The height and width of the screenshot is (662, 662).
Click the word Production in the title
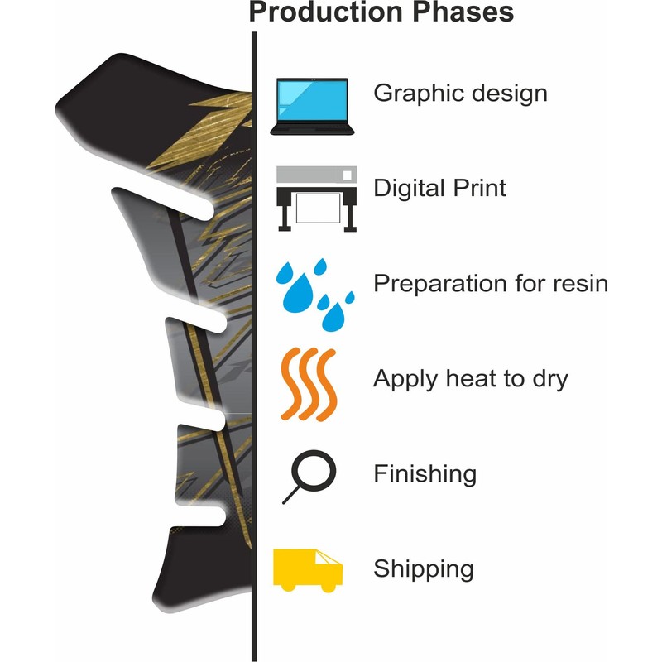tap(327, 12)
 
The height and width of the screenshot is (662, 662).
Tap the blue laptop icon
tap(312, 107)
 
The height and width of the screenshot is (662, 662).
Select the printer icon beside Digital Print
tap(317, 199)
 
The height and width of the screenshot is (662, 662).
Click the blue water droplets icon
tap(314, 295)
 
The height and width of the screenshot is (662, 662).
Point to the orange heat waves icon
tap(309, 384)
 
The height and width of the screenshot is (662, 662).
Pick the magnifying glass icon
tap(309, 477)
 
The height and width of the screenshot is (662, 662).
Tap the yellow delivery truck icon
tap(308, 570)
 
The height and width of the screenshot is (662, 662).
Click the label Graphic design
tap(460, 94)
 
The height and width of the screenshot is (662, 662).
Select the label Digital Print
tap(439, 188)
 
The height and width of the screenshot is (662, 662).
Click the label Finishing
tap(425, 473)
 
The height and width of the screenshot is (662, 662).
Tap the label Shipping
tap(424, 569)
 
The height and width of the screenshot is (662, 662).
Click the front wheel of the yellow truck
tap(329, 587)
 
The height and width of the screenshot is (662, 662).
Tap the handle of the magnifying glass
tap(291, 495)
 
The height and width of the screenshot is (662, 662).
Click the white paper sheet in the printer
tap(318, 208)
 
